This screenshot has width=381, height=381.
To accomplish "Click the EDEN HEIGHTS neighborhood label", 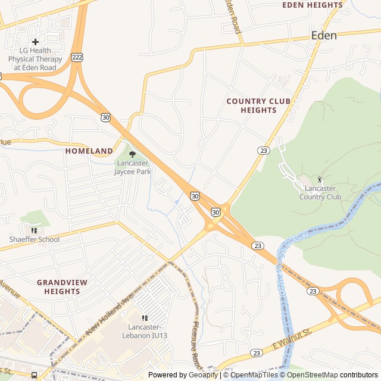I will pyautogui.click(x=312, y=5).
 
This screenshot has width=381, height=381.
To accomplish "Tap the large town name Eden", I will pyautogui.click(x=324, y=36).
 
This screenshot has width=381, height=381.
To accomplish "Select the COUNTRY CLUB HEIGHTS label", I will pyautogui.click(x=258, y=105).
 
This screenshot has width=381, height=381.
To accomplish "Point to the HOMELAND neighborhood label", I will pyautogui.click(x=89, y=151).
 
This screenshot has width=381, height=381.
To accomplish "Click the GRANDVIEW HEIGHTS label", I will pyautogui.click(x=62, y=286).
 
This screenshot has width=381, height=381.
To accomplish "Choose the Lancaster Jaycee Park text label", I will pyautogui.click(x=133, y=167).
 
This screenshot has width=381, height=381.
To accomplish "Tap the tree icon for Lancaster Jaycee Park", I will pyautogui.click(x=132, y=154).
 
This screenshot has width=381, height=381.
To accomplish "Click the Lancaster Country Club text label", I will pyautogui.click(x=320, y=193).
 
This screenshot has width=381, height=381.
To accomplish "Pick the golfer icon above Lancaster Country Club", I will pyautogui.click(x=320, y=180).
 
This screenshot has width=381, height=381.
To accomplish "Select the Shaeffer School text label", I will pyautogui.click(x=34, y=239).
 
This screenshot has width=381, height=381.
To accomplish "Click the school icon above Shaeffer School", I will pyautogui.click(x=34, y=230).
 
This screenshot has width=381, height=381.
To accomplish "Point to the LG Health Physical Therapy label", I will pyautogui.click(x=35, y=59).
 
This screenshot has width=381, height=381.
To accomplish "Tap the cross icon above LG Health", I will pyautogui.click(x=35, y=42).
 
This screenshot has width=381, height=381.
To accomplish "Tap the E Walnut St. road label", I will pyautogui.click(x=292, y=339).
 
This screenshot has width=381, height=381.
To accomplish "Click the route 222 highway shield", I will pyautogui.click(x=76, y=57).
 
